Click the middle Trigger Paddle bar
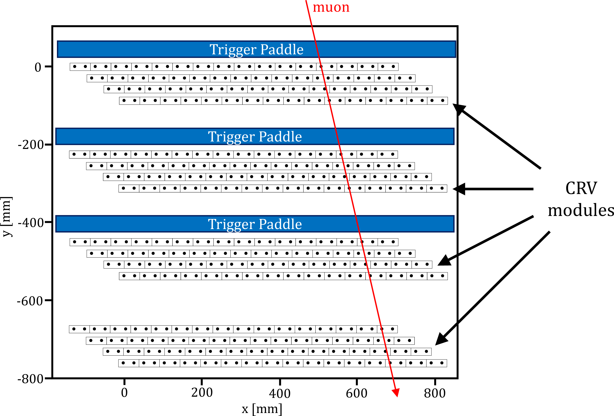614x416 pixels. click(x=255, y=136)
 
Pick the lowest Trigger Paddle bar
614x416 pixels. click(x=255, y=224)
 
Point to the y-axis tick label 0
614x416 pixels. click(x=38, y=67)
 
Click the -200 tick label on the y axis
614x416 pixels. click(x=31, y=145)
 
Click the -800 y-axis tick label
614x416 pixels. click(x=30, y=379)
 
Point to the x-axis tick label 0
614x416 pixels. click(x=124, y=393)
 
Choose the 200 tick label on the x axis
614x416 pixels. click(x=202, y=393)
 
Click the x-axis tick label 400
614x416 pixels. click(x=280, y=393)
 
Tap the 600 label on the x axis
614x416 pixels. click(x=357, y=393)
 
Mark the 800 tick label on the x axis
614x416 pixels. click(x=435, y=393)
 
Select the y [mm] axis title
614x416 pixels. click(x=6, y=217)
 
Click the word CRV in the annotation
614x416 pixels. click(x=581, y=188)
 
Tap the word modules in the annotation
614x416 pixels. click(x=581, y=211)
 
